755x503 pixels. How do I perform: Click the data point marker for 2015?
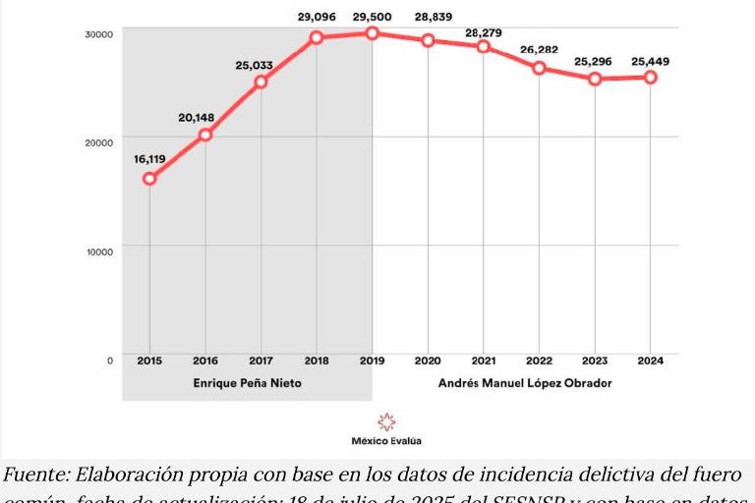tap(149, 178)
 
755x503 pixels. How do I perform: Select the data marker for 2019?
tap(373, 33)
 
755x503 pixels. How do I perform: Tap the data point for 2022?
tap(539, 68)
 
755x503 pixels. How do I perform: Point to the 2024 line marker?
tap(650, 77)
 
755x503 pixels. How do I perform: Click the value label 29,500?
tap(373, 16)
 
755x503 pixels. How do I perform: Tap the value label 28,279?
tap(484, 32)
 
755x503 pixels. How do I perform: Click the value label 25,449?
tap(650, 61)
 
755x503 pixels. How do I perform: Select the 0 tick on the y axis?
tap(109, 360)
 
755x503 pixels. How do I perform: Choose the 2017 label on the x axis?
tap(261, 360)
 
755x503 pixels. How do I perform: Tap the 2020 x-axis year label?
tap(428, 360)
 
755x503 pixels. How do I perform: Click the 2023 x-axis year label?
tap(594, 360)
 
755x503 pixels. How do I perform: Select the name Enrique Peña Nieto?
tap(247, 383)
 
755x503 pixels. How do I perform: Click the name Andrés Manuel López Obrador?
tap(525, 383)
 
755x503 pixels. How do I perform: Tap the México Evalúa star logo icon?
tap(386, 421)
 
